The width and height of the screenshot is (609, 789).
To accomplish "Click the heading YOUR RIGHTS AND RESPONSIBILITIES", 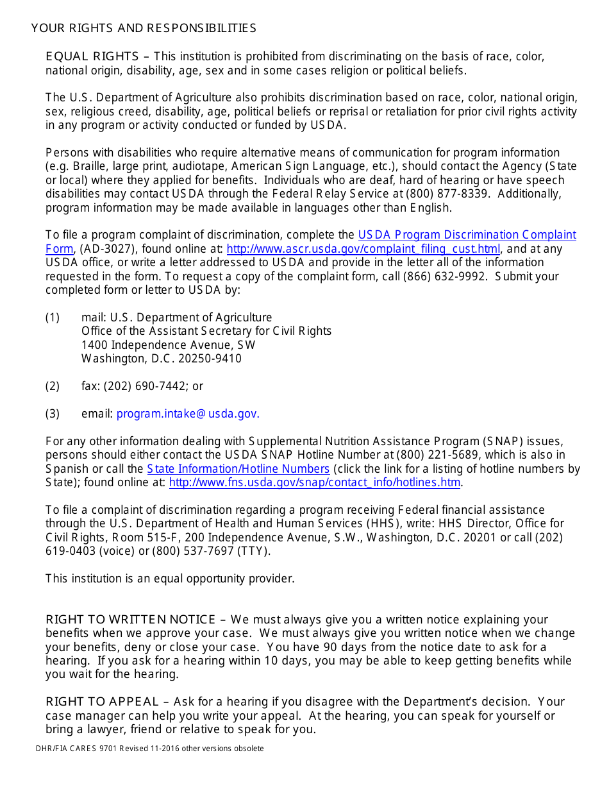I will coord(144,28).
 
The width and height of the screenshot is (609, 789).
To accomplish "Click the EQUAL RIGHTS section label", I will coord(92,56).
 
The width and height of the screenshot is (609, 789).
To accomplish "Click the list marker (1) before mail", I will coord(52,318).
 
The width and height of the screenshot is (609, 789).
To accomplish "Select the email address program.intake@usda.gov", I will coord(188,414).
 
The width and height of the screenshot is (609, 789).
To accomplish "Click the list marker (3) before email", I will coord(52,414).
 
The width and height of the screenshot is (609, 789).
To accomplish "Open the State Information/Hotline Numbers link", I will coord(238,469).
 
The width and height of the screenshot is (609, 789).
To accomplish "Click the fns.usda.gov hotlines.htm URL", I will coord(315,483).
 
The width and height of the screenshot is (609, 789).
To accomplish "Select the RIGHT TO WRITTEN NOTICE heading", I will coord(130,620).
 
